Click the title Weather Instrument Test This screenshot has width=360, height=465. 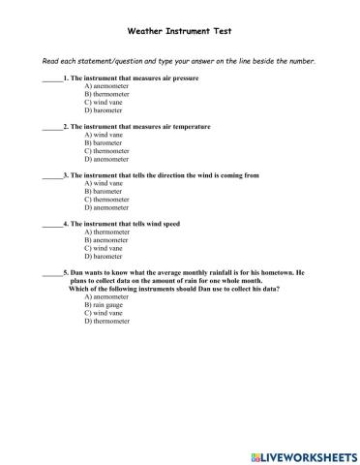pos(179,31)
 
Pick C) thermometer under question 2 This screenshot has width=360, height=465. pos(107,151)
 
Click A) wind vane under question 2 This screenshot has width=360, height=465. pos(104,135)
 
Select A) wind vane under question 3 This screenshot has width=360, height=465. pos(104,184)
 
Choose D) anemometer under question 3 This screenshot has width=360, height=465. pos(107,208)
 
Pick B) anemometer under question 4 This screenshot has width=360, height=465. pos(107,241)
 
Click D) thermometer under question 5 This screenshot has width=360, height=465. pos(107,322)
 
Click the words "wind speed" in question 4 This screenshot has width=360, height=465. pos(159,225)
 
